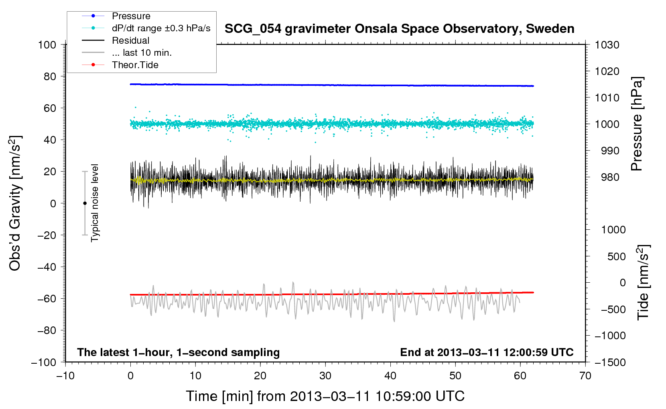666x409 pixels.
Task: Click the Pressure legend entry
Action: pos(131,16)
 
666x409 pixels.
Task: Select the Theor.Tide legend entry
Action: pos(135,65)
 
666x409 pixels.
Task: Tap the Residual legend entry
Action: pos(130,40)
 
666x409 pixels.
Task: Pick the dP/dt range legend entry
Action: pos(161,28)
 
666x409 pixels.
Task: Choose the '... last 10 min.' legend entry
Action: pos(142,53)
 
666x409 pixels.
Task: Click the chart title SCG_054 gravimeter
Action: pos(399,29)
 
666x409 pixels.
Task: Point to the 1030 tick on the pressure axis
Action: pos(607,45)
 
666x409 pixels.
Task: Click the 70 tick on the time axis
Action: pos(585,376)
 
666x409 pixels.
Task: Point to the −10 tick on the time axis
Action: pos(65,376)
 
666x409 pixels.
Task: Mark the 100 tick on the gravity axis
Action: pos(47,45)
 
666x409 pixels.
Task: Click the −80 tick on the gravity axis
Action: pos(47,330)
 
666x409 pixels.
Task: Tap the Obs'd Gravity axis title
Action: pos(15,203)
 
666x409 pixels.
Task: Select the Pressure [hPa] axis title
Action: pos(637,124)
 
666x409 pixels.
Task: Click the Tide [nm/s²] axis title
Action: pos(643,282)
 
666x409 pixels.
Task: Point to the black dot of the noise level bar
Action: pos(85,203)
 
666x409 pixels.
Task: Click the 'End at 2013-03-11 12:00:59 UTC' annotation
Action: pos(487,352)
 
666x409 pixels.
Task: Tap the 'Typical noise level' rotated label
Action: pos(95,203)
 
